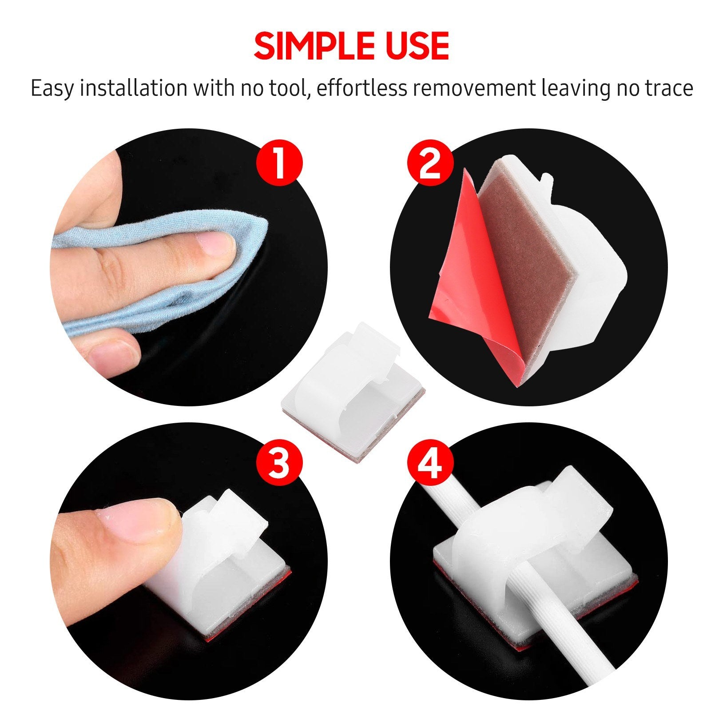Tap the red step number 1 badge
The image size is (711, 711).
(279, 163)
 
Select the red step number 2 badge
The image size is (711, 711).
(430, 163)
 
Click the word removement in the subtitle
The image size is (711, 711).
(474, 88)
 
